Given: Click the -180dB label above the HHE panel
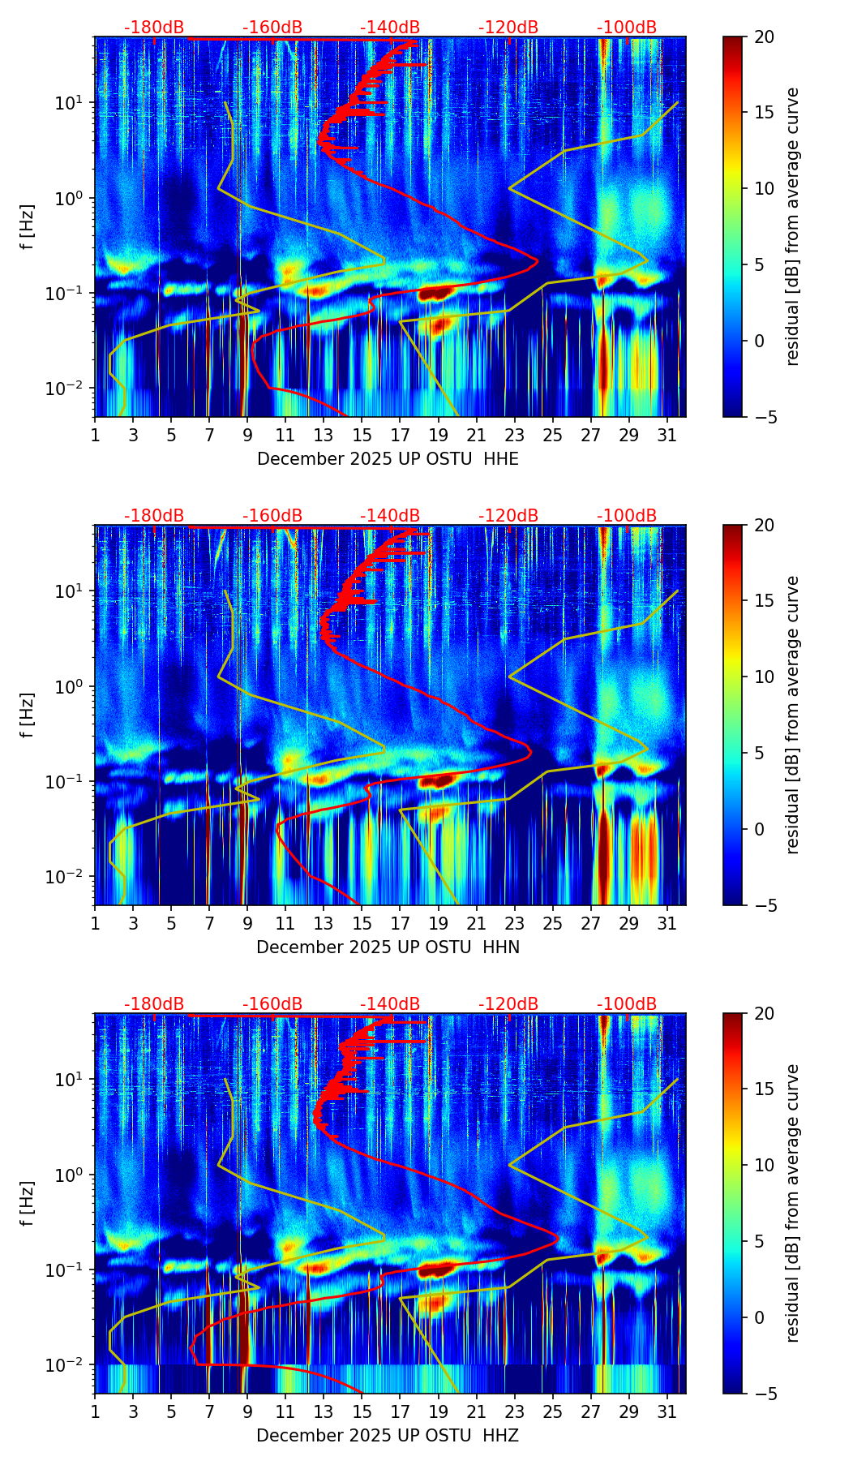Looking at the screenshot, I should point(154,28).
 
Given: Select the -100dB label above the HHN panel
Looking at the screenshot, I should point(627,516).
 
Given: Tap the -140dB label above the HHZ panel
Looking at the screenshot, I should point(390,1004).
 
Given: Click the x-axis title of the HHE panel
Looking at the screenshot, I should point(388,459).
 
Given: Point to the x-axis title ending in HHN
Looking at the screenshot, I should point(388,947).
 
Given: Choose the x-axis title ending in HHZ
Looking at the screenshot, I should point(388,1436).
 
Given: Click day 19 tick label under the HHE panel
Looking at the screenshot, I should point(438,436).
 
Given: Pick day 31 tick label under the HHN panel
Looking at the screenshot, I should point(667,924).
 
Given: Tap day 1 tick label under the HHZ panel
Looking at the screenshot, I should point(95,1412).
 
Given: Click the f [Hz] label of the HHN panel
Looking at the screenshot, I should point(27,715).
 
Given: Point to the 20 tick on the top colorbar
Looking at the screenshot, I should point(764,37).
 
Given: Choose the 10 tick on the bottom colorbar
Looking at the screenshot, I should point(764,1165).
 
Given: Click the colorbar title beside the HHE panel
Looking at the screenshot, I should point(792,226).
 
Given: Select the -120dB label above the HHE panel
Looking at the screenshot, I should point(508,28).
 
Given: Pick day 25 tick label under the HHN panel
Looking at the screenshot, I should point(553,924).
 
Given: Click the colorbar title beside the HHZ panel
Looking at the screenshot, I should point(792,1203).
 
